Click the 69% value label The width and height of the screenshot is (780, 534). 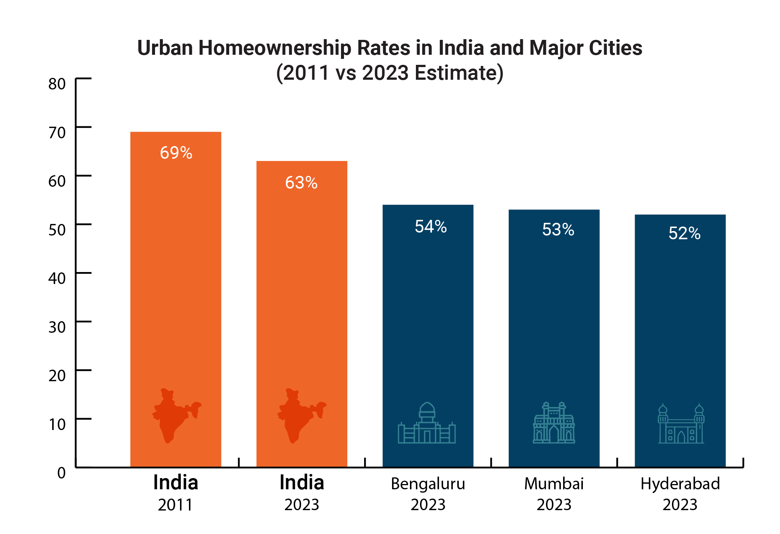click(x=176, y=153)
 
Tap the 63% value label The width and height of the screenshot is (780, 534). click(x=301, y=183)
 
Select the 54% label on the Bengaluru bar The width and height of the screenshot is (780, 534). click(x=431, y=227)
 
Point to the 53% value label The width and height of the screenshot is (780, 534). click(x=558, y=230)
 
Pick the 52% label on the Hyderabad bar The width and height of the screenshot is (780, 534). click(x=684, y=233)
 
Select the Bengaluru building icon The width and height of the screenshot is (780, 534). click(x=427, y=423)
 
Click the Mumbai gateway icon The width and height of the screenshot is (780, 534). click(x=554, y=423)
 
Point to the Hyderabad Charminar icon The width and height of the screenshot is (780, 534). click(x=681, y=423)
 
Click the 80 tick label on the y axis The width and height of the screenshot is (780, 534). click(x=57, y=84)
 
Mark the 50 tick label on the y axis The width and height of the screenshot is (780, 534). click(x=57, y=230)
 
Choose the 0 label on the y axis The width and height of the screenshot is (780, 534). click(x=61, y=473)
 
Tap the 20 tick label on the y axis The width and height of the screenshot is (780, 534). click(x=57, y=376)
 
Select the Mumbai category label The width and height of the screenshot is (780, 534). click(x=554, y=484)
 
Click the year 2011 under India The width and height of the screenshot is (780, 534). click(x=175, y=505)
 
